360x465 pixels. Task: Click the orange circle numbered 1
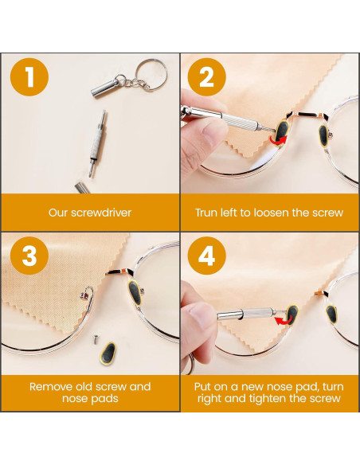29,76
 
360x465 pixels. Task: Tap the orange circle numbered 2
207,76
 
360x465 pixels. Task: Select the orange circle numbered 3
29,256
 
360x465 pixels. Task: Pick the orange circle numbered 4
207,256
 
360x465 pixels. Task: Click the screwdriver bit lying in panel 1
97,143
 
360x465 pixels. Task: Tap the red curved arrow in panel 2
279,141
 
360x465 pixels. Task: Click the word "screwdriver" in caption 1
101,213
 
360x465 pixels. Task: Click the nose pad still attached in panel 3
135,292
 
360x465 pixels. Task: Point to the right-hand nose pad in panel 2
323,135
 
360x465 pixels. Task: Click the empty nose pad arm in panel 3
88,296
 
